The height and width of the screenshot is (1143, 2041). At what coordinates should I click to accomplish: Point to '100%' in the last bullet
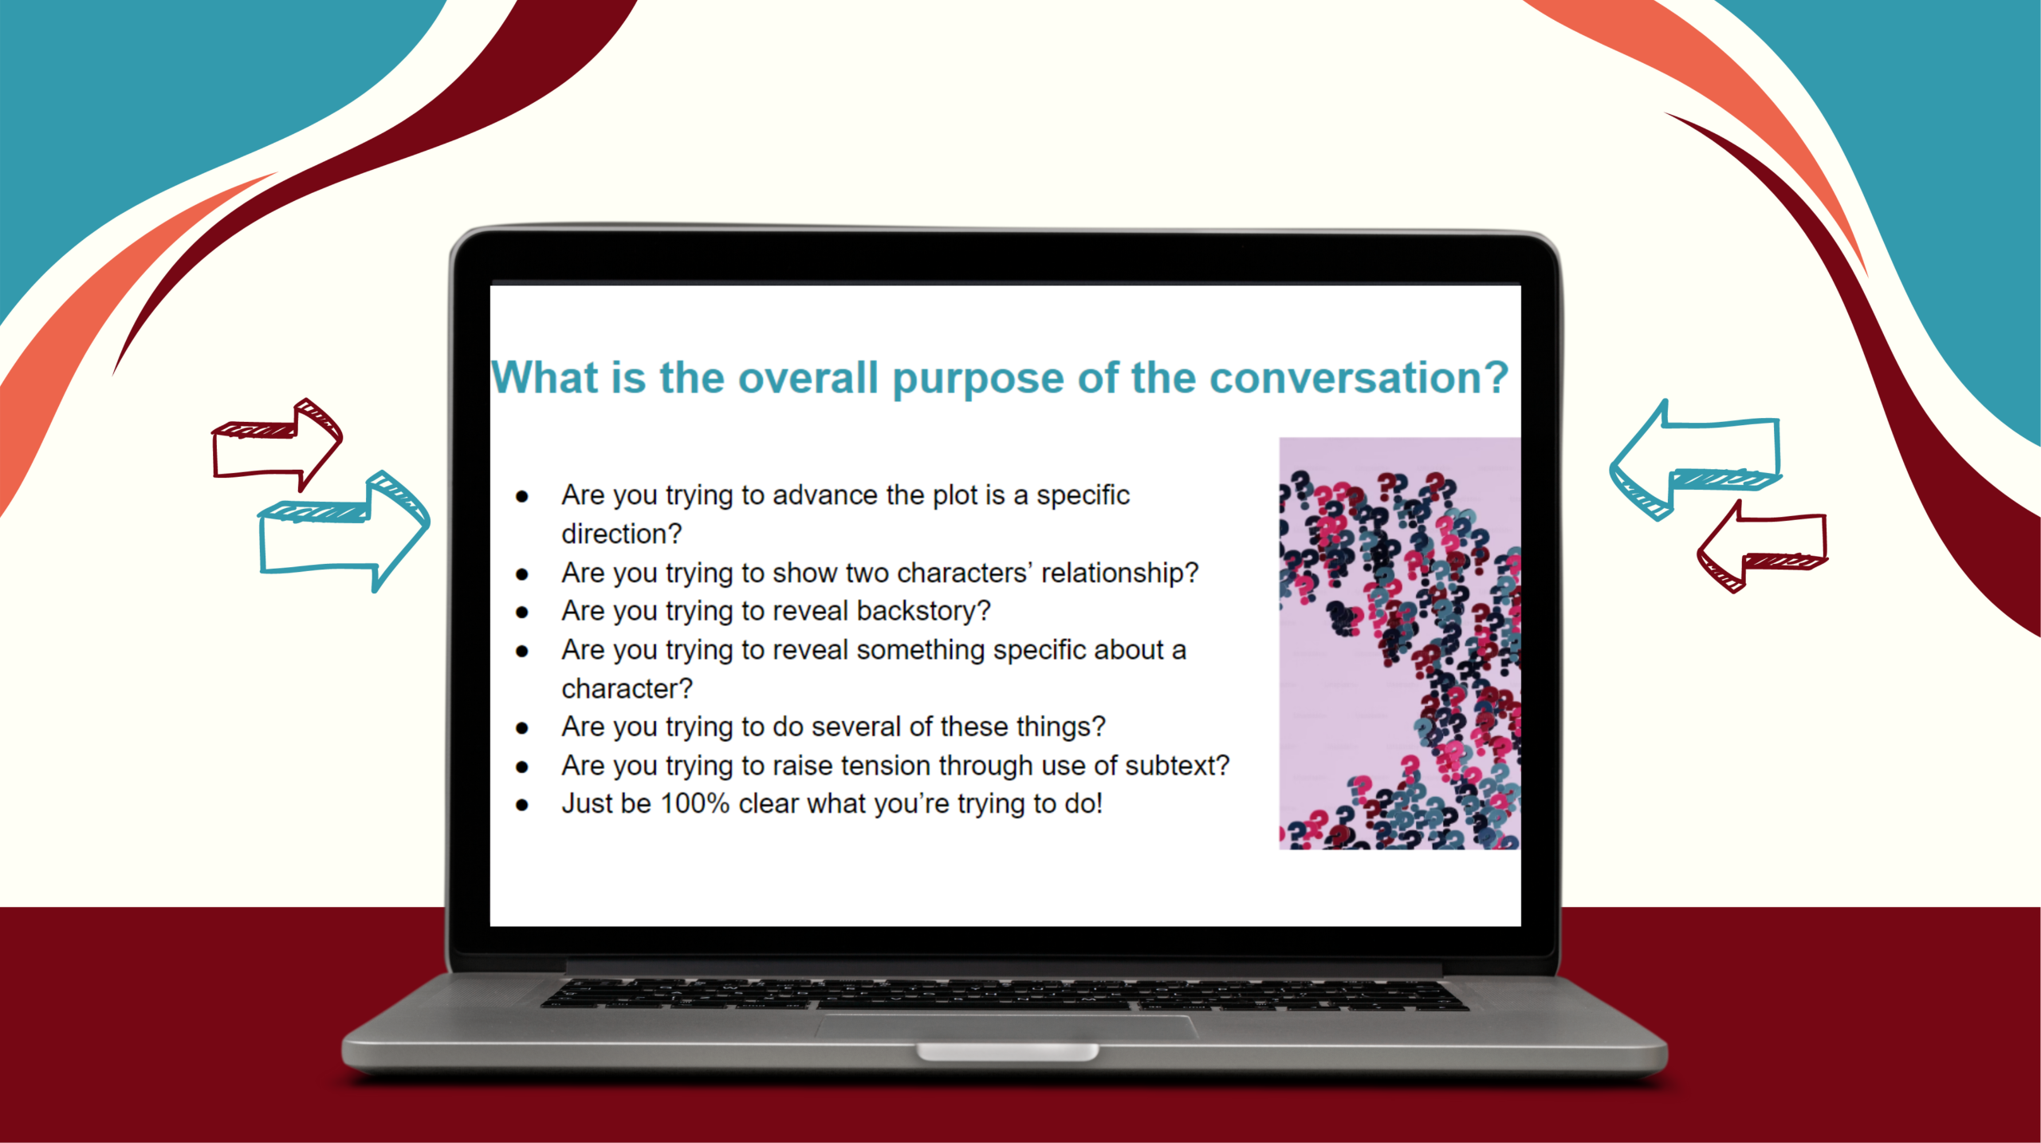694,803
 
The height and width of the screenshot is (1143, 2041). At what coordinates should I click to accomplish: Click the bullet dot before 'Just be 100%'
522,805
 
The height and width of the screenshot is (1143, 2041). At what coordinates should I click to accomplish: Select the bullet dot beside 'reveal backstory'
522,613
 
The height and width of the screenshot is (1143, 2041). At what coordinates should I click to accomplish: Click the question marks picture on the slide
1399,643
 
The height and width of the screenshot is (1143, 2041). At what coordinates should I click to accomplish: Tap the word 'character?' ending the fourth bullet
627,688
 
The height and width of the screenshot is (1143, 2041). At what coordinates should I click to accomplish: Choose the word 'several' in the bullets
856,727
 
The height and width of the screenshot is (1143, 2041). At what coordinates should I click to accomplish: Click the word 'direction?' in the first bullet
621,534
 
